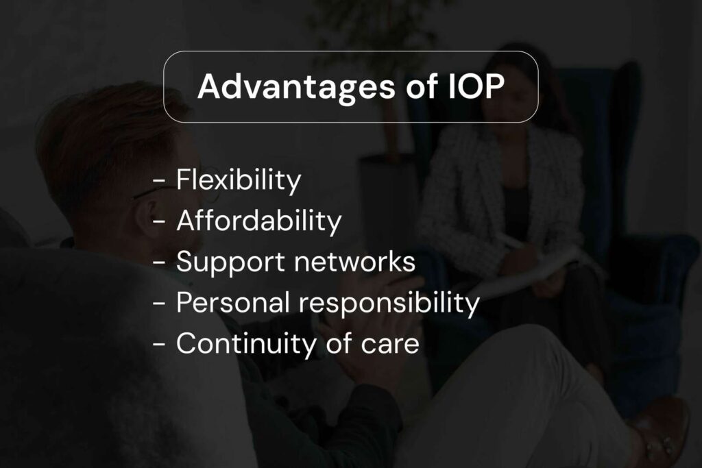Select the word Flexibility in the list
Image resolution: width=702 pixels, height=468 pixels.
pos(239,180)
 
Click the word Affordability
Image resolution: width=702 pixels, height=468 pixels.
pos(258,221)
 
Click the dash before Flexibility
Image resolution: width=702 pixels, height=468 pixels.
pos(160,182)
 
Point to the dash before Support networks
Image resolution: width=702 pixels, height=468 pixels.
pos(160,263)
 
